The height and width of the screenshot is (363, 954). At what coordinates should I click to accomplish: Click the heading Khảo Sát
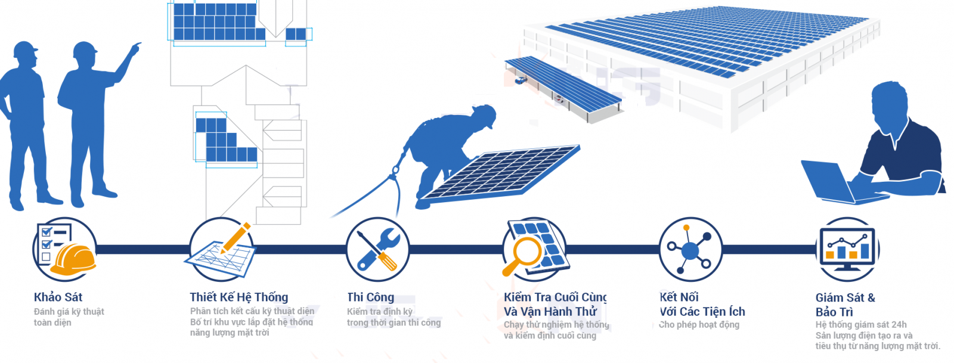point(58,297)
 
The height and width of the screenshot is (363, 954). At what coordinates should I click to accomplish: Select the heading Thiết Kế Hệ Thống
point(239,297)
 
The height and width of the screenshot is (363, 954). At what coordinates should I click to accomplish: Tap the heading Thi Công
point(370,297)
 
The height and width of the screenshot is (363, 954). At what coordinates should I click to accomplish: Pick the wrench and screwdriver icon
point(378,249)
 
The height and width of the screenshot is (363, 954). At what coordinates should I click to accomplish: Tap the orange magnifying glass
point(522,255)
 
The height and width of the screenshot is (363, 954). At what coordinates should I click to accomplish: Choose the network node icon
point(690,249)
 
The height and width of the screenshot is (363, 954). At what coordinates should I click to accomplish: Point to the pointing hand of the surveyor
point(135,48)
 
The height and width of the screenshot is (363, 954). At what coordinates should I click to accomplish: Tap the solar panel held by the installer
point(500,173)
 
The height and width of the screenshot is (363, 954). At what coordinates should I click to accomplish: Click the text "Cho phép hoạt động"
point(699,325)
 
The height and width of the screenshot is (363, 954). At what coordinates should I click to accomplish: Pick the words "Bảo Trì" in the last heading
point(834,312)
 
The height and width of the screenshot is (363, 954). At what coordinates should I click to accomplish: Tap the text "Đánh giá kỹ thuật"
point(69,312)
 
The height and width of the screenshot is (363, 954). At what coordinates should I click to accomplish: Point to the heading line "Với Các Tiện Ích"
point(702,312)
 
